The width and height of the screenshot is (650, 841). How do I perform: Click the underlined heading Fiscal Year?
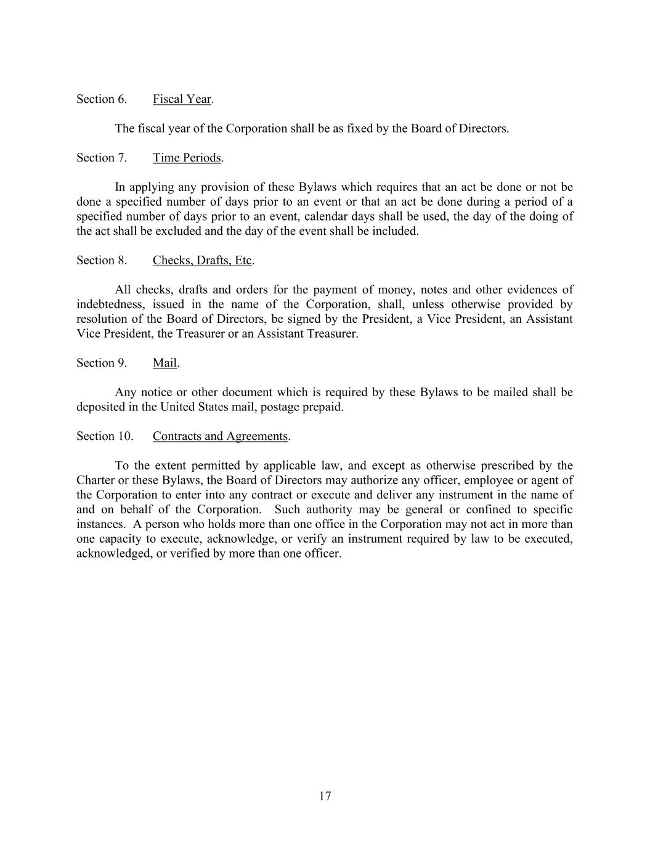[182, 99]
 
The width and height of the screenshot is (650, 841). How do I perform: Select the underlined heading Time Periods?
[187, 158]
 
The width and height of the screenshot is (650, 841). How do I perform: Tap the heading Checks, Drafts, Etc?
[202, 260]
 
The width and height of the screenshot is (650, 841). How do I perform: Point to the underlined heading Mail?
[165, 363]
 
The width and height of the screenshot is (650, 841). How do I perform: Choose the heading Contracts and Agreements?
[220, 436]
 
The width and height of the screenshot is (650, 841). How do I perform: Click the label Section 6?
[102, 99]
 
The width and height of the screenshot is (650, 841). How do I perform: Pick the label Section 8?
[102, 260]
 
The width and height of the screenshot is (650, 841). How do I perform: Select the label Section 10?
[105, 436]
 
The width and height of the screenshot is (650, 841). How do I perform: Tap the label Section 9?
[102, 363]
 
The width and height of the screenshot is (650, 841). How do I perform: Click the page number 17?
[325, 796]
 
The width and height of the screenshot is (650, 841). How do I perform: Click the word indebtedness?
[107, 304]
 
